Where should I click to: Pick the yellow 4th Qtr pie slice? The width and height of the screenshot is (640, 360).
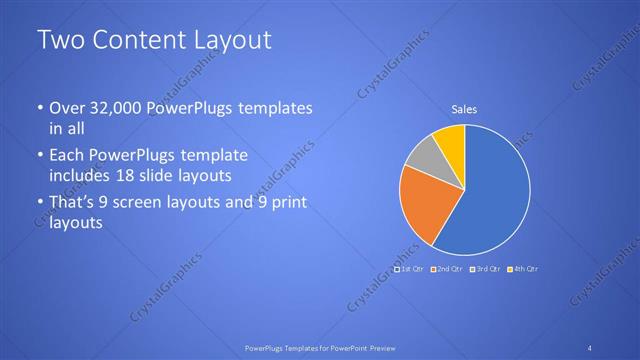[451, 140]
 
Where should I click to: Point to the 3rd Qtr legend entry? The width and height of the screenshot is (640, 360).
[485, 269]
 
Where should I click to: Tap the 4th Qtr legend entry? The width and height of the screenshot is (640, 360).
[523, 269]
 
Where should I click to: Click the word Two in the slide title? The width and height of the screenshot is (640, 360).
[57, 41]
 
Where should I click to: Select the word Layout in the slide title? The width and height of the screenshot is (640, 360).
[230, 41]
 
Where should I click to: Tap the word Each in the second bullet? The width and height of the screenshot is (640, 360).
[67, 157]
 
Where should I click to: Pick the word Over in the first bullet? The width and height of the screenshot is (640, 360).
[68, 109]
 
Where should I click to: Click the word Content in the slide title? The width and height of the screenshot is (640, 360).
[133, 41]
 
